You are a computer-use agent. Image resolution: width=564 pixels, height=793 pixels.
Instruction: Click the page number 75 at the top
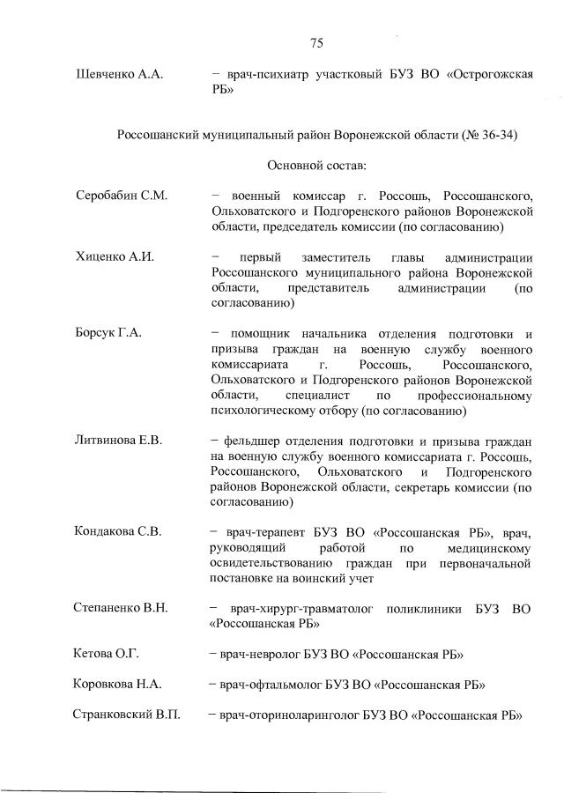click(317, 42)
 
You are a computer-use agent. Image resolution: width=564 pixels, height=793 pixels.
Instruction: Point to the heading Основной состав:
click(316, 165)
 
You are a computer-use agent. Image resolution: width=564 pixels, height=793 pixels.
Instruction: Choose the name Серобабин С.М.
click(122, 195)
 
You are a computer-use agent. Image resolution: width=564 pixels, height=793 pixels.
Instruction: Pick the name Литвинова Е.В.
click(120, 440)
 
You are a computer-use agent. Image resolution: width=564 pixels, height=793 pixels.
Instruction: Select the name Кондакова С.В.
click(120, 532)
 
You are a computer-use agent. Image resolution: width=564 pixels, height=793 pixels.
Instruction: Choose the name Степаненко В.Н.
click(122, 608)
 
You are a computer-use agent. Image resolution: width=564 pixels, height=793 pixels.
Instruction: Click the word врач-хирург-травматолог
click(299, 608)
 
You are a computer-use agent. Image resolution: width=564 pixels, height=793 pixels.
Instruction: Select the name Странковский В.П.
click(126, 714)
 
